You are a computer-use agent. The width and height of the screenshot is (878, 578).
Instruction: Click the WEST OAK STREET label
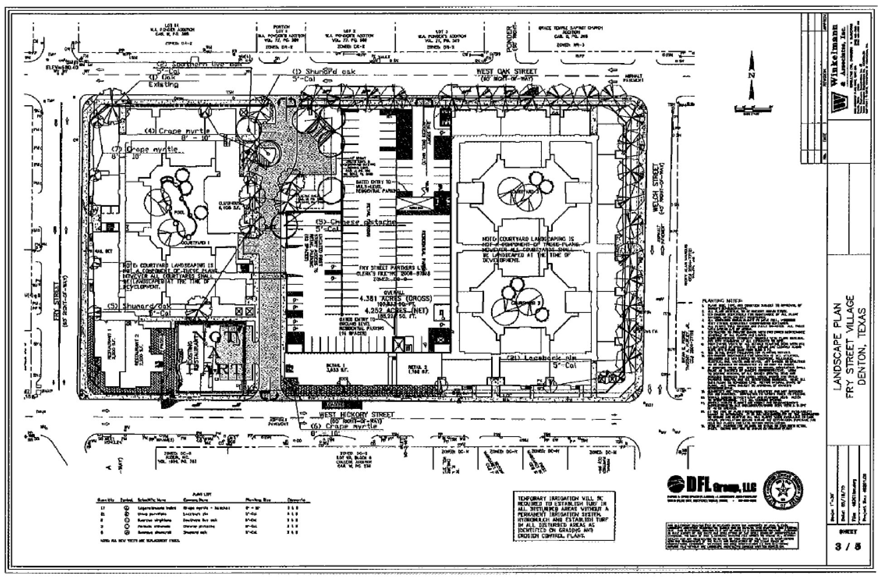click(506, 72)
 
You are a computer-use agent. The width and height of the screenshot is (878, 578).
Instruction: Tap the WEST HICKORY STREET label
click(357, 414)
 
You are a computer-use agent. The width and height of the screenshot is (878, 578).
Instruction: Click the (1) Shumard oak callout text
click(323, 72)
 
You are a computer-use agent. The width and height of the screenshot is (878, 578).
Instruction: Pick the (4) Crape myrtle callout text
click(177, 131)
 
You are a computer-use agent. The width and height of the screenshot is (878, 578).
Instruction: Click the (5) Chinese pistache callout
click(356, 222)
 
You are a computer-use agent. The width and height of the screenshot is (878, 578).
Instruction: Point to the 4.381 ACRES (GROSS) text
click(395, 299)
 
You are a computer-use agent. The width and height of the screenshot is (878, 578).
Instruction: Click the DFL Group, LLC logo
click(711, 486)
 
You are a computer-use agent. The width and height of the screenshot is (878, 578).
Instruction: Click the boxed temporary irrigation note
click(564, 516)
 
